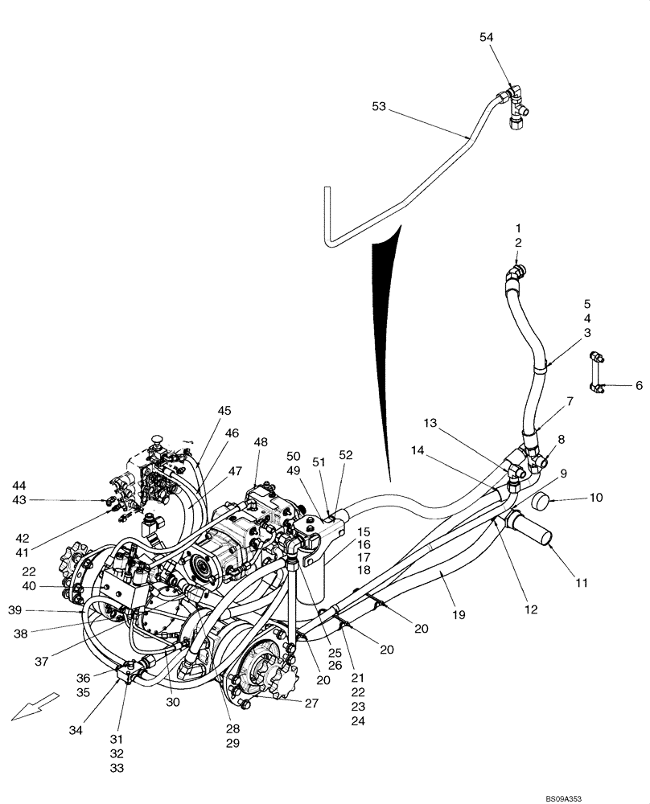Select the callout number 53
tap(382, 106)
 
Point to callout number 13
tap(430, 424)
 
